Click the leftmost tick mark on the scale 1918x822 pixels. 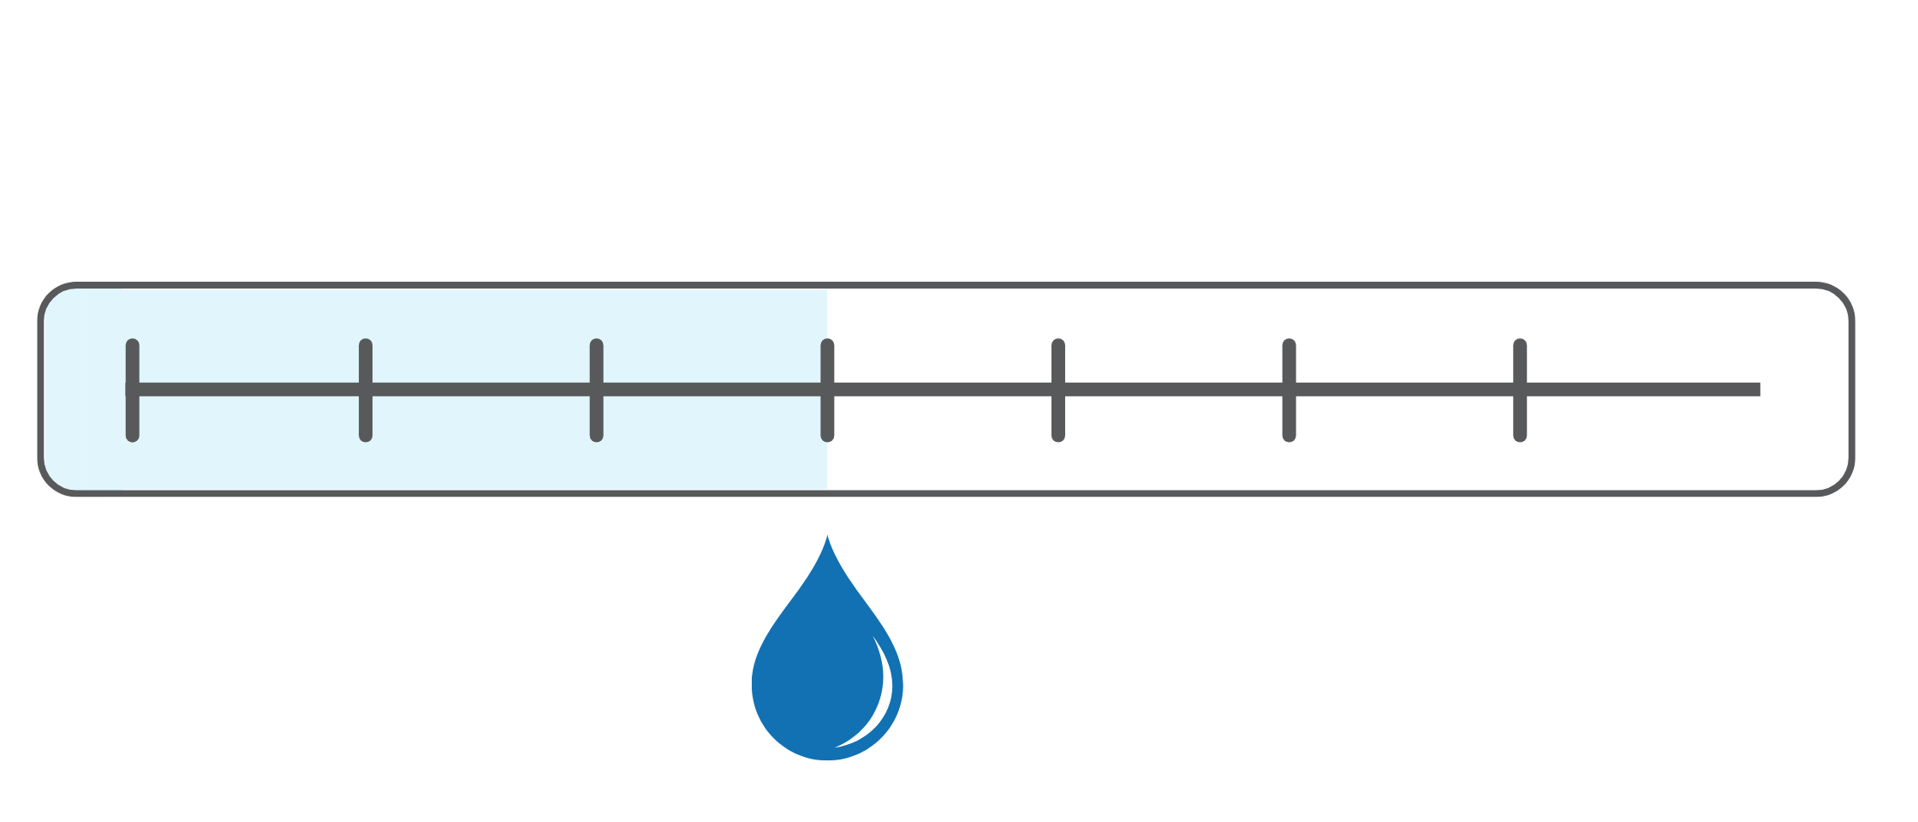pyautogui.click(x=133, y=390)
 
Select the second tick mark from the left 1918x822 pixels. pyautogui.click(x=366, y=390)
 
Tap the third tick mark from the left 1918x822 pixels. pyautogui.click(x=597, y=390)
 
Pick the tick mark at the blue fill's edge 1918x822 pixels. pyautogui.click(x=827, y=390)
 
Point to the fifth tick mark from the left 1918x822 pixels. pyautogui.click(x=1058, y=390)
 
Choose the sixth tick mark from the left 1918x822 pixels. pyautogui.click(x=1289, y=390)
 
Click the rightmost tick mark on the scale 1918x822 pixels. pyautogui.click(x=1520, y=390)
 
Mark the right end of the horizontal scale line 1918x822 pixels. pyautogui.click(x=1757, y=390)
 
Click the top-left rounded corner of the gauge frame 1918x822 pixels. pyautogui.click(x=53, y=298)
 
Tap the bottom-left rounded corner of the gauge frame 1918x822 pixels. pyautogui.click(x=53, y=480)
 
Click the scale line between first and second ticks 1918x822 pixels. pyautogui.click(x=249, y=390)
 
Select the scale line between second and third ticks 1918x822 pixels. pyautogui.click(x=481, y=390)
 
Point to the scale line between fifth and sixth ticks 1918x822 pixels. pyautogui.click(x=1173, y=390)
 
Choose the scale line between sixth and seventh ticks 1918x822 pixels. pyautogui.click(x=1404, y=390)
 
